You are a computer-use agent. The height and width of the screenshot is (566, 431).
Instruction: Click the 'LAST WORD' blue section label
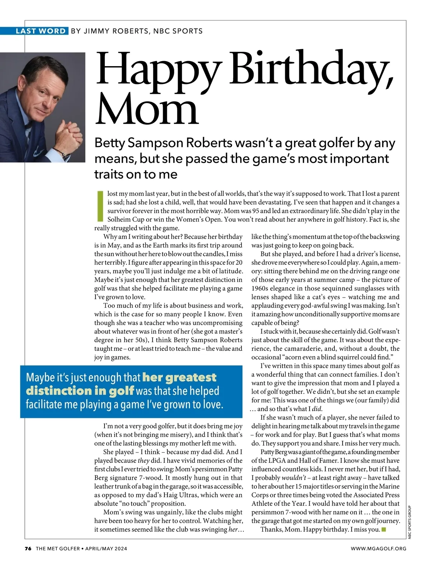41,31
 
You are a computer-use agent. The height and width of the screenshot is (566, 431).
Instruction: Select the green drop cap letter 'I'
100,206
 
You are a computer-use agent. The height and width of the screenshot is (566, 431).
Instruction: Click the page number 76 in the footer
28,548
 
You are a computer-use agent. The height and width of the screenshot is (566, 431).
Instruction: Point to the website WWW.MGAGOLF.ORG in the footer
379,548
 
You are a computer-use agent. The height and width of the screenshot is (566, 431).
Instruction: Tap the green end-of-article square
384,529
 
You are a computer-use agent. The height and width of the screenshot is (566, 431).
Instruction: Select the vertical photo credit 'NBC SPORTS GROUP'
409,522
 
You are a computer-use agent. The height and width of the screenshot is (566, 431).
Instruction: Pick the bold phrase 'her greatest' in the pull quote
179,377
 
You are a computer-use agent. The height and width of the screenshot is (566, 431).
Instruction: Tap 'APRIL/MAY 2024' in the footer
106,548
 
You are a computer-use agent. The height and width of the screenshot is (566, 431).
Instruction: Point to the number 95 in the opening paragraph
256,211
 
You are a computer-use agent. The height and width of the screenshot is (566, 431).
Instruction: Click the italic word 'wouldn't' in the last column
294,478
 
